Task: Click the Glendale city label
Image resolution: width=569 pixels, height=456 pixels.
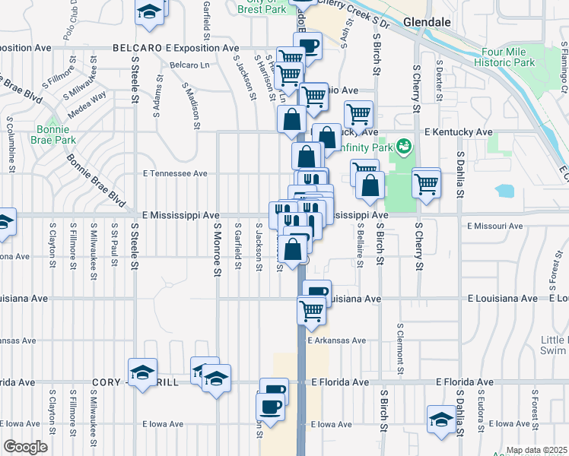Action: click(x=427, y=22)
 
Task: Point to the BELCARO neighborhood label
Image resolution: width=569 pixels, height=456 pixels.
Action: click(x=138, y=47)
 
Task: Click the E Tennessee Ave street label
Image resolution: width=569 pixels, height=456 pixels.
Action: click(x=175, y=173)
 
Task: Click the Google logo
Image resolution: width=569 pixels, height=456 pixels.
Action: click(x=25, y=447)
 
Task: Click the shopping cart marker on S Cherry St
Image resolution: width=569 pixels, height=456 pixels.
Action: click(x=427, y=183)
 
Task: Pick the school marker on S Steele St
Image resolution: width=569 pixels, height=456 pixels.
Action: click(x=142, y=373)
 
